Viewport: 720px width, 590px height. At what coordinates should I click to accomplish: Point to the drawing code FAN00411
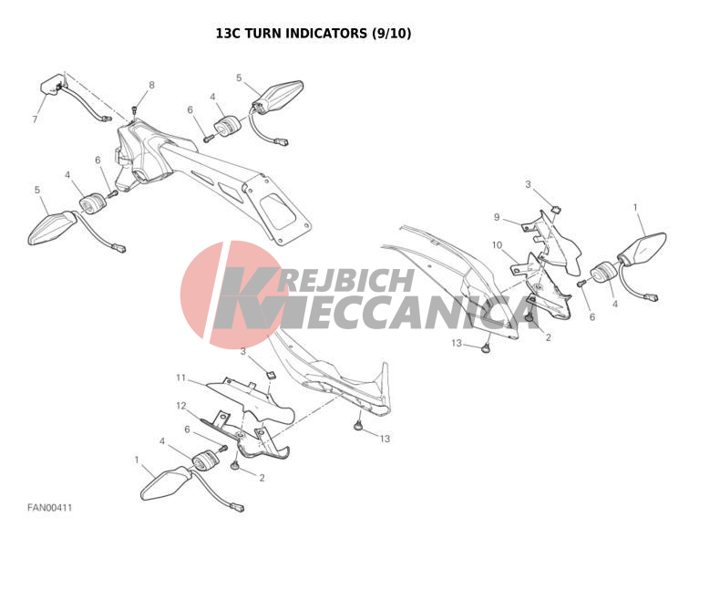pyautogui.click(x=49, y=508)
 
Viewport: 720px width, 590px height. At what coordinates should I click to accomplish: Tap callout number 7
pyautogui.click(x=35, y=119)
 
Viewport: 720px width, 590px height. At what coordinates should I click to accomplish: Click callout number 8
pyautogui.click(x=151, y=85)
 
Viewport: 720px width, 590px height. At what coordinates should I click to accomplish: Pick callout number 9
pyautogui.click(x=497, y=217)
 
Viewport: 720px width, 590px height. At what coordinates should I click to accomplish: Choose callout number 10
pyautogui.click(x=498, y=245)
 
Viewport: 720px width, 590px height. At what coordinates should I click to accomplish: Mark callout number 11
pyautogui.click(x=181, y=378)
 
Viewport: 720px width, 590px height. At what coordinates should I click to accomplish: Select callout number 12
pyautogui.click(x=181, y=406)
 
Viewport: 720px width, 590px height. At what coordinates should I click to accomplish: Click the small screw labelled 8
pyautogui.click(x=135, y=109)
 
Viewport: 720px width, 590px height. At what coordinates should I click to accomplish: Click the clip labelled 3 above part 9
pyautogui.click(x=557, y=209)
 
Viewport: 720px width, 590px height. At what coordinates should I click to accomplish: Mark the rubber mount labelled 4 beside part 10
pyautogui.click(x=604, y=273)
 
